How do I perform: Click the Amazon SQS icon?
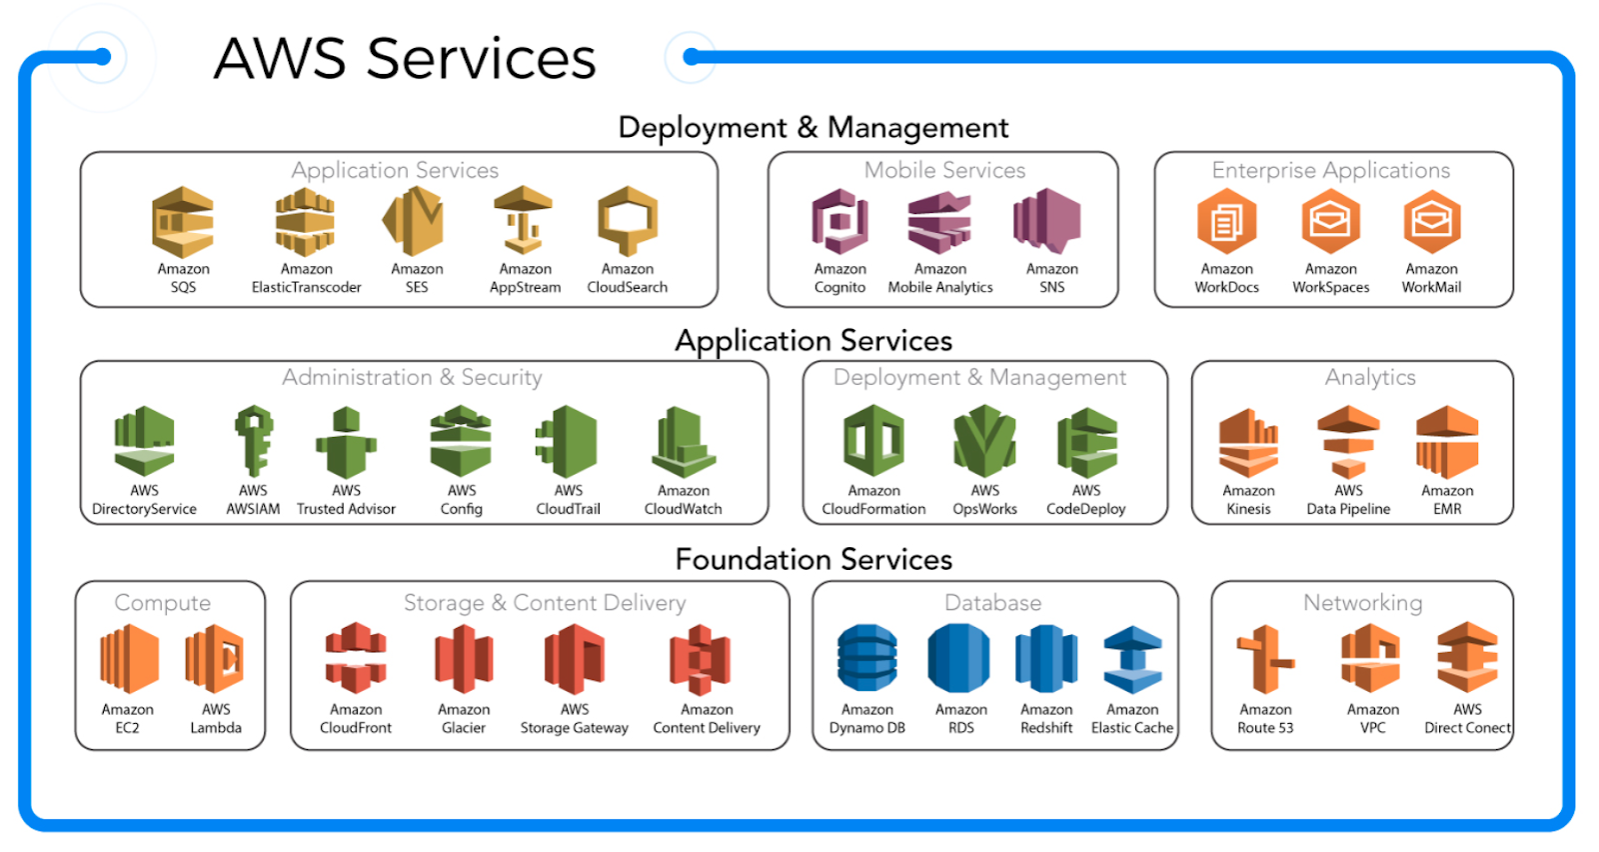(x=183, y=222)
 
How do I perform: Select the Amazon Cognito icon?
(x=839, y=222)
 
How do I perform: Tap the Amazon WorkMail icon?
(x=1431, y=222)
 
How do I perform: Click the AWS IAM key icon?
(x=254, y=440)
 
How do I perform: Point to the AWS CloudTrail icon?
(x=568, y=441)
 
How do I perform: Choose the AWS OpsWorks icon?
(x=984, y=441)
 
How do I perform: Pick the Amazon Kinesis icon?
(x=1248, y=442)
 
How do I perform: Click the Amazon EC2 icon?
(x=128, y=659)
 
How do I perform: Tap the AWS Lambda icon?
(x=215, y=659)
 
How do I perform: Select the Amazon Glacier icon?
(x=464, y=659)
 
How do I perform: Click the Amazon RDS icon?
(x=959, y=658)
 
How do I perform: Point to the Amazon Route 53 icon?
(x=1265, y=659)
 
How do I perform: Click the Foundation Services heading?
(x=813, y=559)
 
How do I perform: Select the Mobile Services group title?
(x=944, y=170)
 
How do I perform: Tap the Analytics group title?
(x=1370, y=377)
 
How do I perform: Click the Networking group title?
(x=1362, y=602)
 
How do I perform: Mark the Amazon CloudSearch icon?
(x=628, y=222)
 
